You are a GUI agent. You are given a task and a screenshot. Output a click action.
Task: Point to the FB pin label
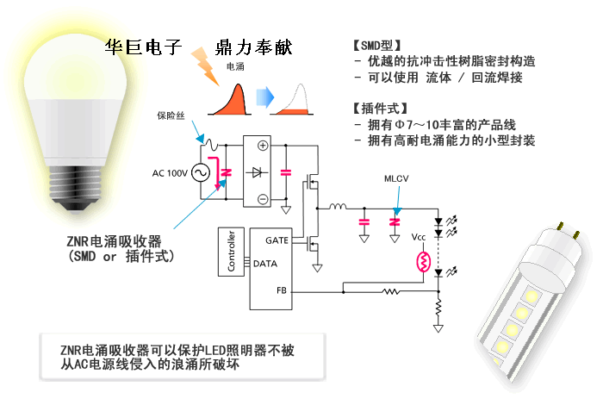(282, 290)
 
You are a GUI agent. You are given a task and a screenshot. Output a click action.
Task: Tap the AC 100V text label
(170, 173)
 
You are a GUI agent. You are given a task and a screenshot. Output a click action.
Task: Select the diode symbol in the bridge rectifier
(258, 172)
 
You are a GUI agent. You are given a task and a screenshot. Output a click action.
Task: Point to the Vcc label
(419, 235)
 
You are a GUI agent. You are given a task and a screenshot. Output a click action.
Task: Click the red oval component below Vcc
(423, 260)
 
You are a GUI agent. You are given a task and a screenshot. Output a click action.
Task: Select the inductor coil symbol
(337, 206)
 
